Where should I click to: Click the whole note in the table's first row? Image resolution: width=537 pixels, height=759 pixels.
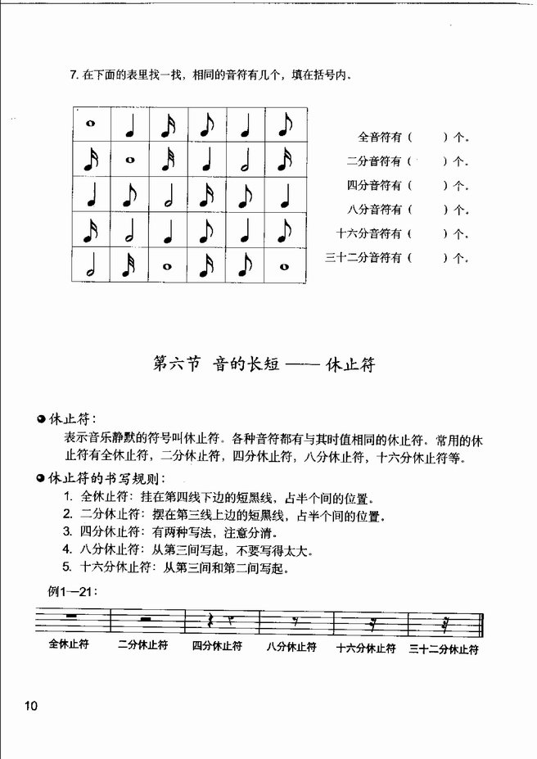(x=91, y=125)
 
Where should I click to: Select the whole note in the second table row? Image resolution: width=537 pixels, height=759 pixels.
(x=129, y=160)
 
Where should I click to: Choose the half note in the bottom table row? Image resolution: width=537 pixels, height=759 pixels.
(x=91, y=266)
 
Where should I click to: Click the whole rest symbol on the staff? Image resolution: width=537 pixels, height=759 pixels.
(x=70, y=616)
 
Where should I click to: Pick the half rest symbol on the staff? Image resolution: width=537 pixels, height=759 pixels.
(x=145, y=620)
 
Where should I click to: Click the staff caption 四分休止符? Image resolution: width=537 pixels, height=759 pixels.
(x=217, y=646)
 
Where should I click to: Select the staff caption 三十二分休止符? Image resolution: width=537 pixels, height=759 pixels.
(x=444, y=648)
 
